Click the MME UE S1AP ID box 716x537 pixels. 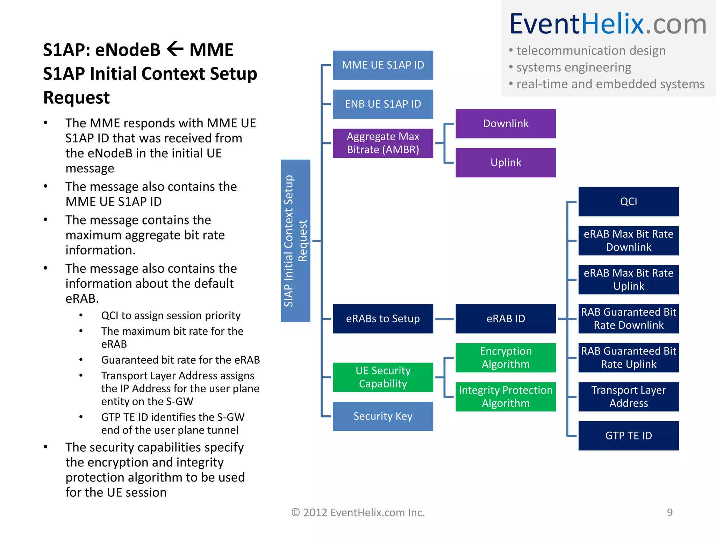[383, 65]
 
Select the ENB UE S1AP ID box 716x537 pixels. [383, 104]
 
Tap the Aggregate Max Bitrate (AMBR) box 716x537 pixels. [383, 143]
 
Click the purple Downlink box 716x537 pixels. [506, 124]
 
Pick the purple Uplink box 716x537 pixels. [506, 163]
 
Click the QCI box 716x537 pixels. [628, 202]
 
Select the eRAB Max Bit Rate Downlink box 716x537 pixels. [628, 241]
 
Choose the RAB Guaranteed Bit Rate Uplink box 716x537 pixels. [628, 358]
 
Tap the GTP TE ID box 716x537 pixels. [628, 436]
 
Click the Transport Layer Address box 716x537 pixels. [628, 397]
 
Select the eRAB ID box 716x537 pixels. [506, 319]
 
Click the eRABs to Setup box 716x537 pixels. [383, 319]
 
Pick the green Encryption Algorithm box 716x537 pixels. [506, 358]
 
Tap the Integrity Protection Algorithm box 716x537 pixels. [506, 397]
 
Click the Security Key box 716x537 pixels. [383, 416]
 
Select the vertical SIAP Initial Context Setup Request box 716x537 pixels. [295, 241]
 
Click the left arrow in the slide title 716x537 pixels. [175, 49]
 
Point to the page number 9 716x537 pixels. [670, 513]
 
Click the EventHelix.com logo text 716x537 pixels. [608, 24]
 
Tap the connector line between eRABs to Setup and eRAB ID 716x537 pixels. [444, 319]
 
